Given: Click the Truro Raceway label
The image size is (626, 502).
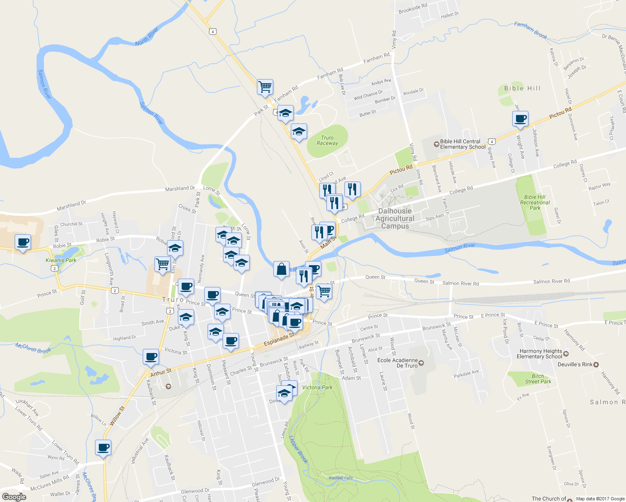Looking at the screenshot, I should click(327, 141).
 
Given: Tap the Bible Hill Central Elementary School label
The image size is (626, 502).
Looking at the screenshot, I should click(462, 144).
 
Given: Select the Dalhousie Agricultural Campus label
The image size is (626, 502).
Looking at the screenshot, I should click(395, 218).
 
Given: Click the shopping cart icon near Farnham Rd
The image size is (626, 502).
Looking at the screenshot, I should click(265, 87).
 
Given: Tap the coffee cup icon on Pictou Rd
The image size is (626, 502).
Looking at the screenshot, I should click(520, 119).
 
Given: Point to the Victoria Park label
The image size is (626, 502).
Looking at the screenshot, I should click(317, 387).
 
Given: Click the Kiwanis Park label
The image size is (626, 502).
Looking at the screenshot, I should click(61, 260).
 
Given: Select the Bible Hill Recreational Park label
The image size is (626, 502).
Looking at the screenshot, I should click(535, 202).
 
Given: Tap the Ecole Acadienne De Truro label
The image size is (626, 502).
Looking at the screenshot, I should click(398, 363).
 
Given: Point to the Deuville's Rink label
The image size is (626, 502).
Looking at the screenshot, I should click(575, 364).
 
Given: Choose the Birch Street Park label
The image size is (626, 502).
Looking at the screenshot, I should click(538, 379).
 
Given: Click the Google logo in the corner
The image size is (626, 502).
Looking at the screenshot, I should click(14, 497).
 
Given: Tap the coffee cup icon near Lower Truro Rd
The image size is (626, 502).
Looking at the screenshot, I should click(103, 448).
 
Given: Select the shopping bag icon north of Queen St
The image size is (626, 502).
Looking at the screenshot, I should click(282, 269).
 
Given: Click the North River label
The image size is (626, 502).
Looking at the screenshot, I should click(147, 37).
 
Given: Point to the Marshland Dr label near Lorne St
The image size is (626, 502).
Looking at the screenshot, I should click(180, 189).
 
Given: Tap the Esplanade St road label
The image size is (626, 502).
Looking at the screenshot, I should click(279, 339).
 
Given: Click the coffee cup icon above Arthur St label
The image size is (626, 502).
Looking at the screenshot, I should click(151, 357).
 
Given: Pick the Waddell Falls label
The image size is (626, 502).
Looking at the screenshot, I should click(340, 478).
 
